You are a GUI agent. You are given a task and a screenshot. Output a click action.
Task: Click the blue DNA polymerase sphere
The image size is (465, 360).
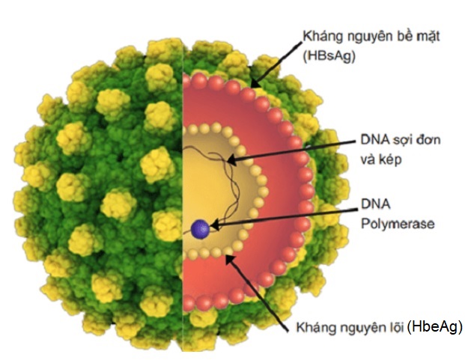pyautogui.click(x=201, y=229)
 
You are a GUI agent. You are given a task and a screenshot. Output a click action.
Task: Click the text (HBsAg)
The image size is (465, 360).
pyautogui.click(x=329, y=56)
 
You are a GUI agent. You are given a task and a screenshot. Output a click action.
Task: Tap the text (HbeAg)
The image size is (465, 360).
pyautogui.click(x=435, y=327)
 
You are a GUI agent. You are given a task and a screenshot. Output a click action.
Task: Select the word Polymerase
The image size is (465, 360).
pyautogui.click(x=398, y=224)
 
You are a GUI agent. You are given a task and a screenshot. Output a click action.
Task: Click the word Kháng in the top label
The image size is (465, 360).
pyautogui.click(x=321, y=36)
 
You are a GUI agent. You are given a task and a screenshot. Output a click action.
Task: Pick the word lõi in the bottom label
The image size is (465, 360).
pyautogui.click(x=397, y=327)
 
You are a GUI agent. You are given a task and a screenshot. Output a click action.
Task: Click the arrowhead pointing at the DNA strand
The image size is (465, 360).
pyautogui.click(x=232, y=161)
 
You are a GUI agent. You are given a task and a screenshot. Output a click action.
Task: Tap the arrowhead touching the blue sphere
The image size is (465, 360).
pyautogui.click(x=215, y=225)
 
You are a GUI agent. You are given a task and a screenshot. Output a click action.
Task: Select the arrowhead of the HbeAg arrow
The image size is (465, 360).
pyautogui.click(x=231, y=260)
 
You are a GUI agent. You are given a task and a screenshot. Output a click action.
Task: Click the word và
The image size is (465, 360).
pyautogui.click(x=368, y=160)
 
